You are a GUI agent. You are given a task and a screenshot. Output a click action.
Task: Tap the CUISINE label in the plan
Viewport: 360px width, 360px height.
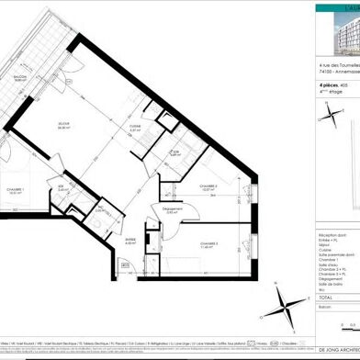(136, 128)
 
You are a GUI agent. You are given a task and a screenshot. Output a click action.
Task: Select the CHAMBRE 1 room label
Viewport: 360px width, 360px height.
(15, 190)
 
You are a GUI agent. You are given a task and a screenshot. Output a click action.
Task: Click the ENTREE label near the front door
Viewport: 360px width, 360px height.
(129, 242)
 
